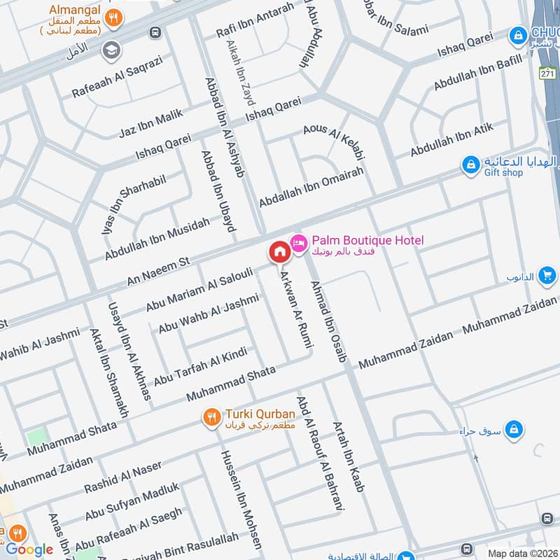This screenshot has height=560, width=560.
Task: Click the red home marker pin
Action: click(x=279, y=251)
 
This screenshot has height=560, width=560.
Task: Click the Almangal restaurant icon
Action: click(x=111, y=18)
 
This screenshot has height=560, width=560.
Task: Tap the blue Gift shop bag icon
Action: click(x=472, y=166)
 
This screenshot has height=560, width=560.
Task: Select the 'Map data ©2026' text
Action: click(x=522, y=553)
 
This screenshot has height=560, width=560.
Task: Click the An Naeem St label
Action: click(x=158, y=270)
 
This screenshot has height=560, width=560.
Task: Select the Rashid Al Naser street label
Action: click(x=122, y=476)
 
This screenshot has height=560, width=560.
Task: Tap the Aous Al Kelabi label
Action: click(x=335, y=141)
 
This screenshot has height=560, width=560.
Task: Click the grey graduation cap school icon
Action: click(x=110, y=50)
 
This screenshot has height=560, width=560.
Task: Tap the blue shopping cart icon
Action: click(x=548, y=276)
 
